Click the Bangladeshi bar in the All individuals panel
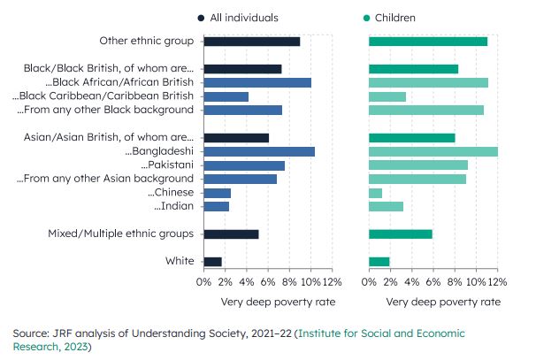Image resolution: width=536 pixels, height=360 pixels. point(259,151)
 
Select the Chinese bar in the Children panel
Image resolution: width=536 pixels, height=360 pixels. point(375,193)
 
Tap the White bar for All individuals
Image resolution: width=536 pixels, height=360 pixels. point(212,262)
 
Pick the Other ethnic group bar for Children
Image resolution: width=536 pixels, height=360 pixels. point(427,42)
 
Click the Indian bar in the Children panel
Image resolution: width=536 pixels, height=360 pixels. point(386,206)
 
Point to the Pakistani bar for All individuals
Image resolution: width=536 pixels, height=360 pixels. point(244,165)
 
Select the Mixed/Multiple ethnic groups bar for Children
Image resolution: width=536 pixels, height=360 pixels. point(400,234)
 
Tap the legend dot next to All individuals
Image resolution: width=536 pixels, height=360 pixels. point(203,18)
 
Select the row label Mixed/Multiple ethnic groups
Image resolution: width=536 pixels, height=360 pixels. point(122,234)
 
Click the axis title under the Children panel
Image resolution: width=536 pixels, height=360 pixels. point(433,302)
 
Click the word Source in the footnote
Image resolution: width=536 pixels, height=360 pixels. point(33,333)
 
